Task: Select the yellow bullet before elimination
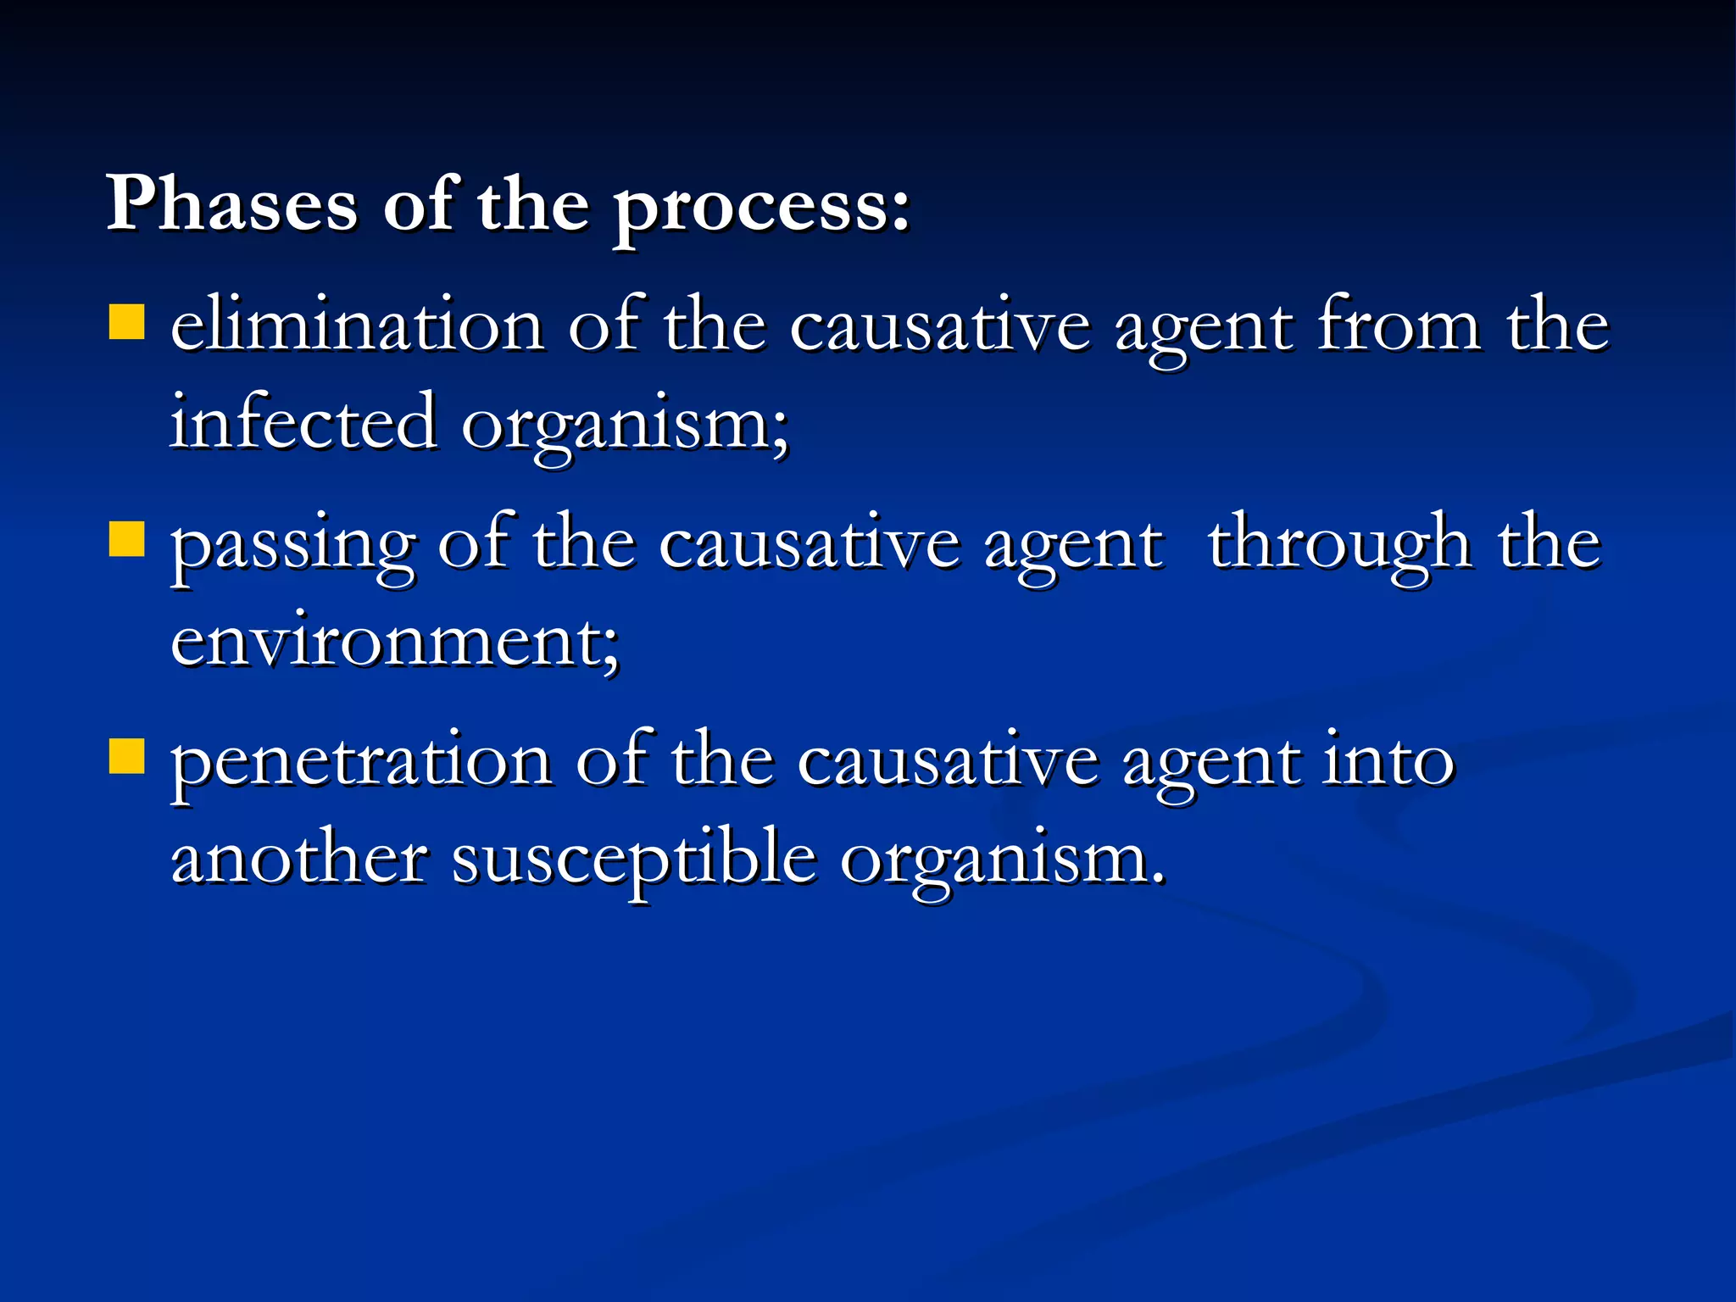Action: coord(127,322)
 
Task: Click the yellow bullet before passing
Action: coord(127,539)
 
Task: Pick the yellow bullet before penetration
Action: coord(127,756)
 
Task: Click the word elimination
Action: coord(357,326)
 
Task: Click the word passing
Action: coord(293,547)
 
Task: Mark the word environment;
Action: coord(395,642)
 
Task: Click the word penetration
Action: coord(361,764)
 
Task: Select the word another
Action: coord(298,859)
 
